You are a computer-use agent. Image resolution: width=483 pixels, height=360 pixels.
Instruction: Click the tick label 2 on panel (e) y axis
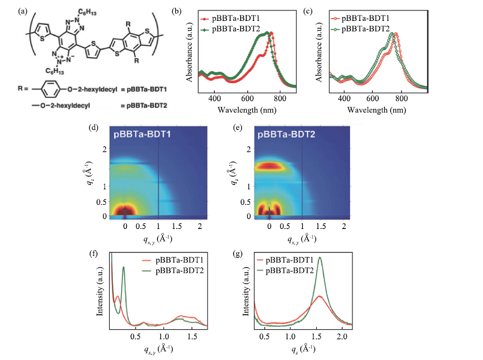pyautogui.click(x=248, y=149)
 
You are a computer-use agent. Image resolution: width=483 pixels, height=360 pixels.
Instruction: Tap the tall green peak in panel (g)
pyautogui.click(x=320, y=259)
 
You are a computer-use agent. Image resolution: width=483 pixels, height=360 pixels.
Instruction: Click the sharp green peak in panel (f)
pyautogui.click(x=123, y=268)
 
